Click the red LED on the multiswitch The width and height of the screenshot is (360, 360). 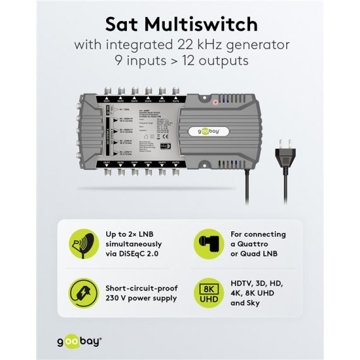[215, 101]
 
